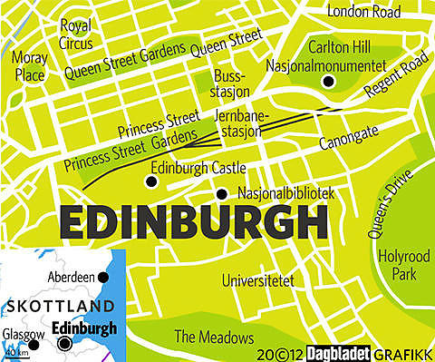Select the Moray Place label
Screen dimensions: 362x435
click(30, 67)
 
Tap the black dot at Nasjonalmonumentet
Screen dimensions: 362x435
click(328, 82)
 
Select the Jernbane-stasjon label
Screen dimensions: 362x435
click(238, 124)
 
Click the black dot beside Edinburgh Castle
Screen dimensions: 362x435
click(150, 181)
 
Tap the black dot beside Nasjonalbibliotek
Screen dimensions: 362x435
click(221, 193)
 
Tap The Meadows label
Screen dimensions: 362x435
click(214, 337)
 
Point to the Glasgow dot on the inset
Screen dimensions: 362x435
click(34, 344)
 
